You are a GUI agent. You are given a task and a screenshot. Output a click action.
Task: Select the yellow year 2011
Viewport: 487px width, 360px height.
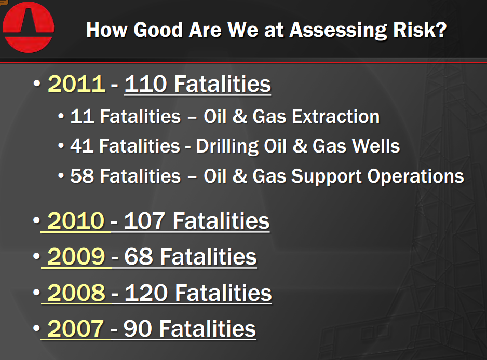click(76, 84)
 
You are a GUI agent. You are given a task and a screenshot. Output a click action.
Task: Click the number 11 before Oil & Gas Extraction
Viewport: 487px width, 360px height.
click(82, 116)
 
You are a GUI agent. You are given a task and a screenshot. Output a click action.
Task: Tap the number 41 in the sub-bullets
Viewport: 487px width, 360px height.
click(82, 146)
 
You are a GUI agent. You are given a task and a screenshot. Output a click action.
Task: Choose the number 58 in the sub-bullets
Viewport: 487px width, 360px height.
click(82, 176)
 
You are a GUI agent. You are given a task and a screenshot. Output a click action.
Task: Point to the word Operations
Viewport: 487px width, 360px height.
click(415, 176)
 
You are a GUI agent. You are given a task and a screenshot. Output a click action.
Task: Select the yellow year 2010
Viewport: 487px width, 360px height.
click(76, 221)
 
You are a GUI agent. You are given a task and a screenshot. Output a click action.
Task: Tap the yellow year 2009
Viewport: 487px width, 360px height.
click(76, 257)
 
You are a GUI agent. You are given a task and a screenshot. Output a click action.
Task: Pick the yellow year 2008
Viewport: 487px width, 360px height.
click(76, 293)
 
